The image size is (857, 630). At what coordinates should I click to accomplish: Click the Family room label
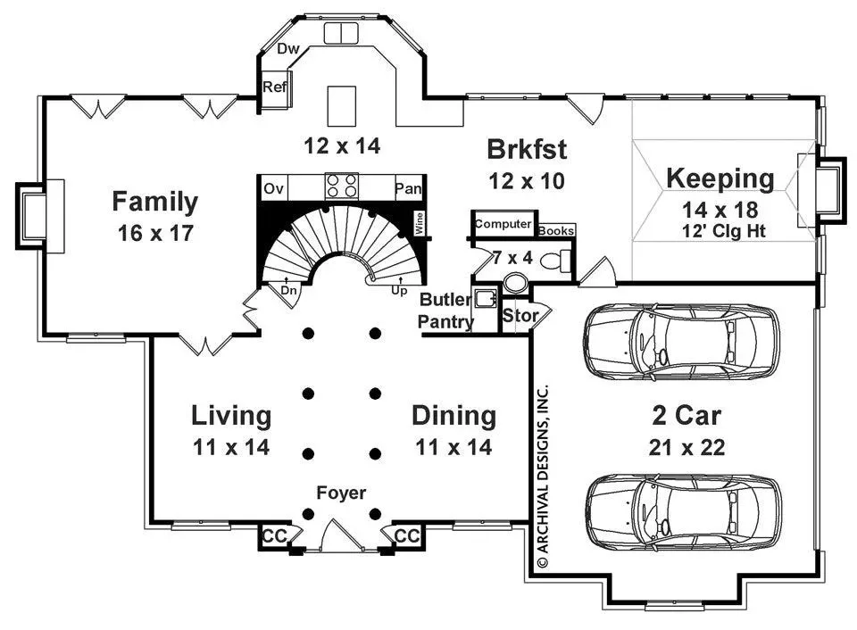(155, 202)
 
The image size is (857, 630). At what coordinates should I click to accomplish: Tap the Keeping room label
(720, 178)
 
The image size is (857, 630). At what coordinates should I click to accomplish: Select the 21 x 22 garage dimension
(687, 447)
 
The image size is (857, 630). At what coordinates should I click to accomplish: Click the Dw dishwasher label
(288, 48)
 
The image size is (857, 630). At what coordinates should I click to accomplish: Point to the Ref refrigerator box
(275, 90)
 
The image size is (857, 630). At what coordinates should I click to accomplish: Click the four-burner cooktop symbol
(342, 186)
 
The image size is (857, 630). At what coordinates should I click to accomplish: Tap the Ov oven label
(273, 188)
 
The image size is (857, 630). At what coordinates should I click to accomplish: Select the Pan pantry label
(408, 188)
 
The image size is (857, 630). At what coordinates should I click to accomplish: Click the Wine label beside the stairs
(420, 223)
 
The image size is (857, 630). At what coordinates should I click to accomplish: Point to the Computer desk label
(503, 223)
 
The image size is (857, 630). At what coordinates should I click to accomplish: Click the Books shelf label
(556, 230)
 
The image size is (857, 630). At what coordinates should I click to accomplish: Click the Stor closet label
(520, 315)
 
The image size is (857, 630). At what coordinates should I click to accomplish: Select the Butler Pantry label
(445, 311)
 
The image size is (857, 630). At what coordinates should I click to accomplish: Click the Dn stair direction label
(288, 290)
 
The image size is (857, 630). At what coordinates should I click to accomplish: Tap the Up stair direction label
(399, 290)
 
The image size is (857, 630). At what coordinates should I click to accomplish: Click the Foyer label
(341, 493)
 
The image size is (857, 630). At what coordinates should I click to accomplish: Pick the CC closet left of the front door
(274, 536)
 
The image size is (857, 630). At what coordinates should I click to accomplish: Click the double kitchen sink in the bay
(341, 33)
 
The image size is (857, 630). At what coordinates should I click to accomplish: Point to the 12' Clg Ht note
(724, 231)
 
